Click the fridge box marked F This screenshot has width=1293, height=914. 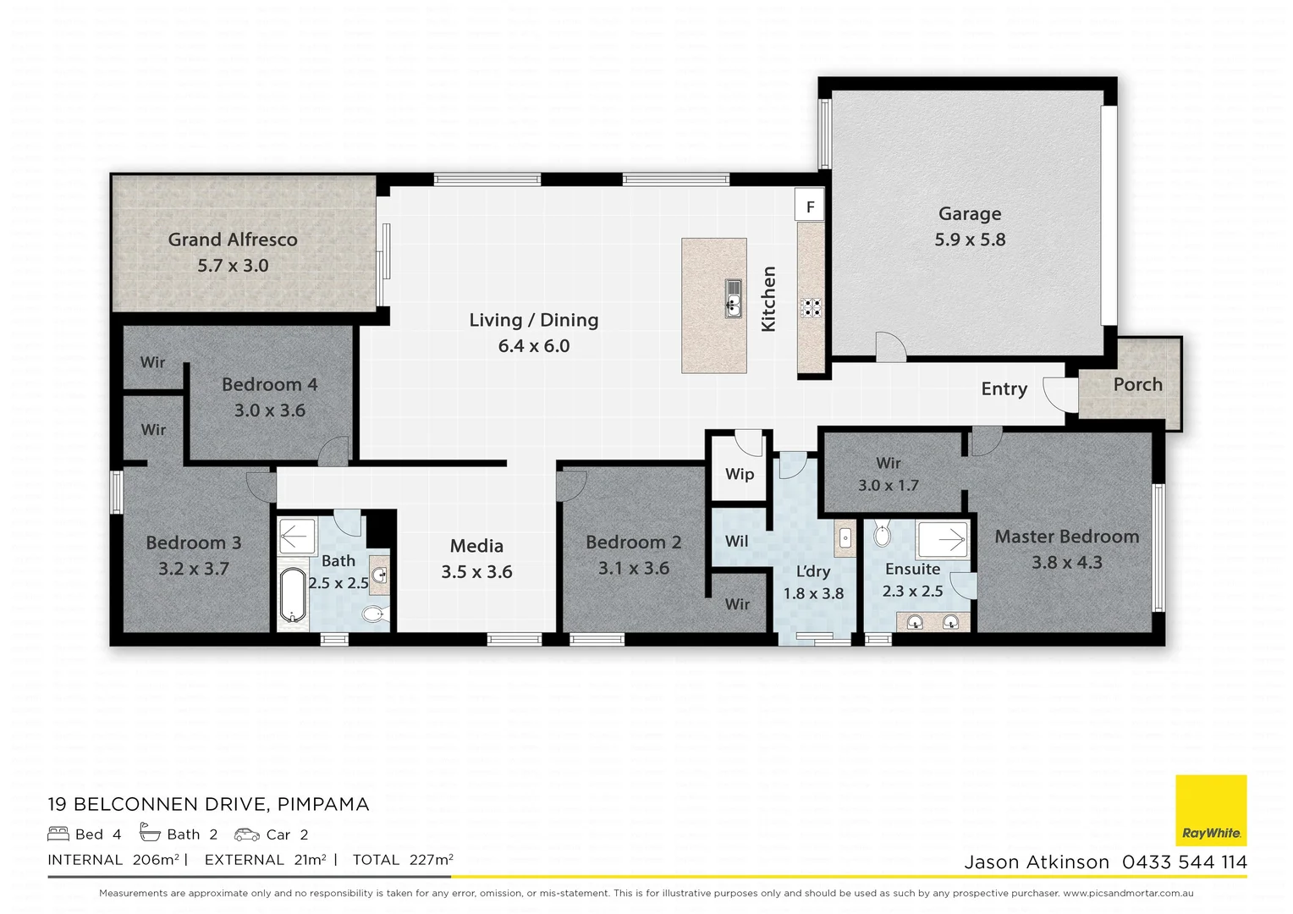tap(810, 206)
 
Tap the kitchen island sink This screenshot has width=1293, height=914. tap(733, 300)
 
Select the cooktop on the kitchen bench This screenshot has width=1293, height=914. tap(811, 307)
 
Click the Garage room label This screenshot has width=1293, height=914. tap(969, 214)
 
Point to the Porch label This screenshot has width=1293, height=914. tap(1137, 384)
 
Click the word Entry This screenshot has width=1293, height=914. tap(1004, 388)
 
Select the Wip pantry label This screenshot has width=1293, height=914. tap(739, 474)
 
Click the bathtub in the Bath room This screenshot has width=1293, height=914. tap(292, 595)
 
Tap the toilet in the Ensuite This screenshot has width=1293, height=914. tap(882, 535)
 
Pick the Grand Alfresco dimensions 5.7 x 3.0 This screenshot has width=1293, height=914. tap(233, 266)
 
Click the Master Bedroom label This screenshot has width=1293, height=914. tap(1066, 537)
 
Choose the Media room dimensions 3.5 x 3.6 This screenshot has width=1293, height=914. tap(476, 572)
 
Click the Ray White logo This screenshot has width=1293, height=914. tap(1211, 810)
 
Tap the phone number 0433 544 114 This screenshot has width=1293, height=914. tap(1184, 862)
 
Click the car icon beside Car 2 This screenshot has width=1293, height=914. tap(247, 834)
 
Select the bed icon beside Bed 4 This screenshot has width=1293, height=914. tap(58, 834)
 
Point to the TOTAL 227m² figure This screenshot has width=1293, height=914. tap(403, 860)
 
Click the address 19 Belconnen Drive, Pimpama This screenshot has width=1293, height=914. tap(208, 804)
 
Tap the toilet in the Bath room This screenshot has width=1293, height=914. tap(372, 614)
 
